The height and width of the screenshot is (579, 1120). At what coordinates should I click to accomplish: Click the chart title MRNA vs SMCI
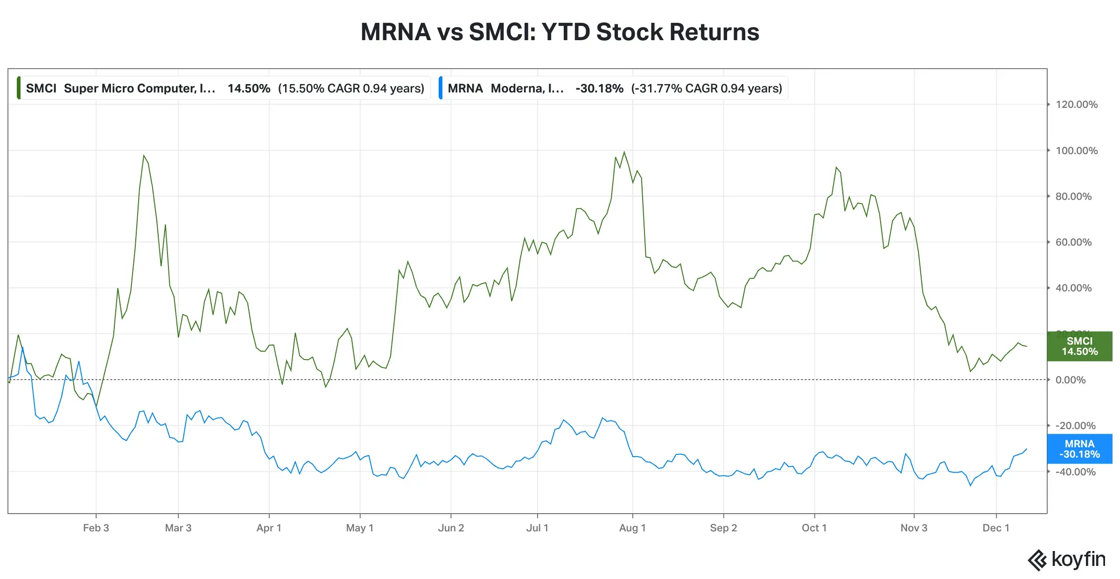[560, 32]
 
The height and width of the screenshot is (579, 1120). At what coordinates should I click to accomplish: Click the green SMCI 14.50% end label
[1079, 346]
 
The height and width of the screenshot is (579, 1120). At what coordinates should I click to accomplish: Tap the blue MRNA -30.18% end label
[1079, 449]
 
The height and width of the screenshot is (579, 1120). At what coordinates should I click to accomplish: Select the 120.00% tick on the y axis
[1076, 105]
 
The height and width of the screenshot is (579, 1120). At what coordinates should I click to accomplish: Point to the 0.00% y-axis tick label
[1070, 380]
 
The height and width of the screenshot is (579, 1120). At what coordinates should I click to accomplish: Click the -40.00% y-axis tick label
[1075, 472]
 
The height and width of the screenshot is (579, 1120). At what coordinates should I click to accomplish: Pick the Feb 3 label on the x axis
[96, 528]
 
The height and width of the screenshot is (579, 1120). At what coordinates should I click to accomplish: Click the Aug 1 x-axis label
[632, 528]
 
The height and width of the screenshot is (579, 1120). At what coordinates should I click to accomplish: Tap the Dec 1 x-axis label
[995, 528]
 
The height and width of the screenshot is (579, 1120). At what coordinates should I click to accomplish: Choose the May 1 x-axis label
[359, 528]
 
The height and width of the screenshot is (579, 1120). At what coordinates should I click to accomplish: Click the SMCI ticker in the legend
[41, 89]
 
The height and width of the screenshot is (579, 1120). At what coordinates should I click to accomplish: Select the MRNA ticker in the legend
[465, 89]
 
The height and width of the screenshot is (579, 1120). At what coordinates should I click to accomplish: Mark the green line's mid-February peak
[144, 155]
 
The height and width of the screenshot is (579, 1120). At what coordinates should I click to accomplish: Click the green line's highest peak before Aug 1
[624, 152]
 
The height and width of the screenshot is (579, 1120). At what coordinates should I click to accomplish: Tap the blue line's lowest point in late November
[970, 486]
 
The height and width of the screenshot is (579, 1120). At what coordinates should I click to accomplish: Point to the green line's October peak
[836, 167]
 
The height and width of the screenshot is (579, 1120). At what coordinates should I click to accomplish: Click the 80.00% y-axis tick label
[1073, 197]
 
